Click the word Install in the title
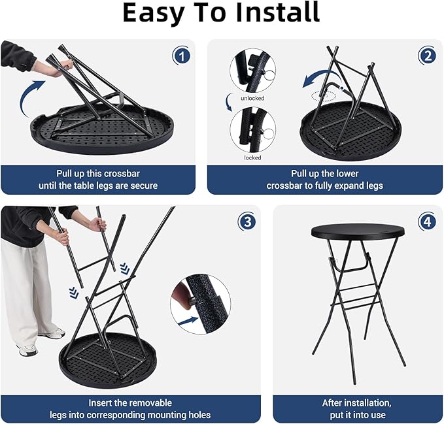coord(277,12)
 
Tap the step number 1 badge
coord(182,56)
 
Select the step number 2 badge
coord(427,56)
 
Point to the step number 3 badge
coord(247,221)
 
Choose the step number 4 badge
coord(427,221)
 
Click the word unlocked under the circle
coord(252,98)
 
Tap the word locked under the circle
coord(252,157)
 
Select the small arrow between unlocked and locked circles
coord(228,103)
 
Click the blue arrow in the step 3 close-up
coord(188,321)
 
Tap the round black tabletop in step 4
coord(358,231)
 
